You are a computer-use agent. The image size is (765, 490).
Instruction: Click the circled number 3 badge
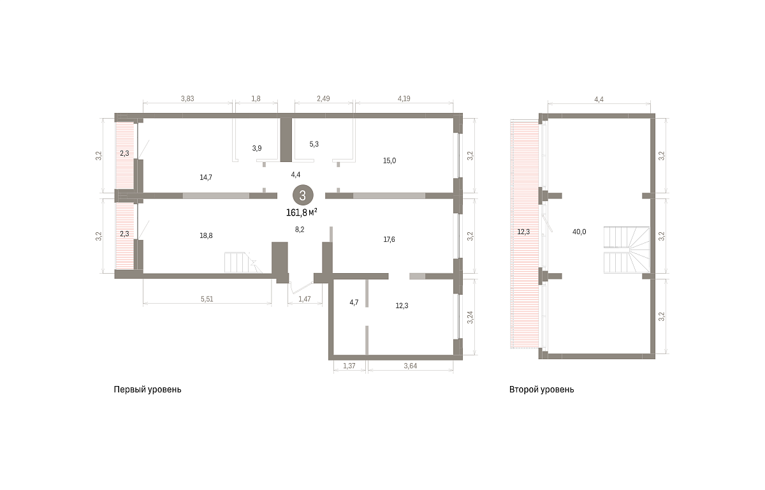coord(303,195)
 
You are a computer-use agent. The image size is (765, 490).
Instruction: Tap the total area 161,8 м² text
coord(302,213)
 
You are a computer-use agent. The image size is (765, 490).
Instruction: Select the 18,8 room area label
coord(206,236)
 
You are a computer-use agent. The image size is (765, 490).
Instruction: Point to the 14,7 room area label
coord(206,177)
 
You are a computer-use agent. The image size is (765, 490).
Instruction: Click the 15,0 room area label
coord(390,161)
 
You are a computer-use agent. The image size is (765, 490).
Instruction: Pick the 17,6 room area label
coord(389,239)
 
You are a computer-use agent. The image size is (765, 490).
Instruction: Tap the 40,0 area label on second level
coord(579,232)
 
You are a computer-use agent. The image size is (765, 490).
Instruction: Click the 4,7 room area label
coord(354,302)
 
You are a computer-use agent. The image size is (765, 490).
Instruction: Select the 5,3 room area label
coord(314,144)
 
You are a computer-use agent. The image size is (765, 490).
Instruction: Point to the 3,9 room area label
coord(257,148)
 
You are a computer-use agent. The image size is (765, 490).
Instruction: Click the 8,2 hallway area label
coord(300,230)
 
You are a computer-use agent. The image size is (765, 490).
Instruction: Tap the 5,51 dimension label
coord(207,299)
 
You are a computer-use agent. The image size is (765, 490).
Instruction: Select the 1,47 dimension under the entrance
coord(305,299)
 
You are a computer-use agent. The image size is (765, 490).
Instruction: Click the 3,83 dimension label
coord(187,99)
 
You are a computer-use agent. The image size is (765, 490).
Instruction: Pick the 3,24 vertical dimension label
coord(470,317)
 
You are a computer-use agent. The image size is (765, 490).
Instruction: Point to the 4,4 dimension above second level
coord(599,100)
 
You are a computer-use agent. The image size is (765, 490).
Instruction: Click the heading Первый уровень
coord(147,390)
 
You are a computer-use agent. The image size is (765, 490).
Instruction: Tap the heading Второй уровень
coord(542,390)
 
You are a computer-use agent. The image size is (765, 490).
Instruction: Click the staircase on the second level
coord(627,249)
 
